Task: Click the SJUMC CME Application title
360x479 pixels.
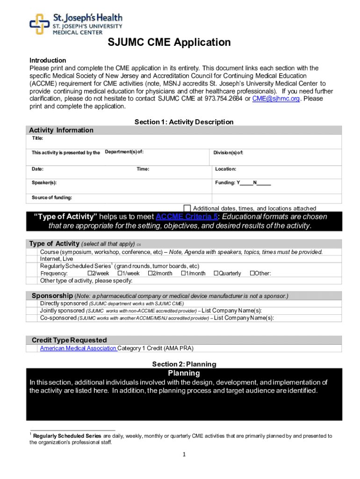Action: pyautogui.click(x=169, y=43)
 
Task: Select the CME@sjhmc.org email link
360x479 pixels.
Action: pyautogui.click(x=276, y=99)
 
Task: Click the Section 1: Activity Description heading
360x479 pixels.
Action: pyautogui.click(x=184, y=122)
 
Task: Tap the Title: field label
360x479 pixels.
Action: pyautogui.click(x=37, y=138)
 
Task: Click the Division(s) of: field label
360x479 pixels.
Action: pyautogui.click(x=228, y=152)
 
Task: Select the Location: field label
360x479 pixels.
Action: pyautogui.click(x=225, y=169)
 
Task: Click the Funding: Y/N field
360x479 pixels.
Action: pyautogui.click(x=243, y=183)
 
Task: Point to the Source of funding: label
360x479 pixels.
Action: pyautogui.click(x=51, y=197)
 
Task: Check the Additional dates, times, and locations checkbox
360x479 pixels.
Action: pyautogui.click(x=187, y=208)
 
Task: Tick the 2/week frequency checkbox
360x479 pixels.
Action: pyautogui.click(x=90, y=273)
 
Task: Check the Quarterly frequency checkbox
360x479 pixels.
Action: pyautogui.click(x=216, y=273)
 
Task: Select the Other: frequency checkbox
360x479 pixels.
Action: pyautogui.click(x=252, y=273)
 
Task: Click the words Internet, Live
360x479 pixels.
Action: pyautogui.click(x=57, y=259)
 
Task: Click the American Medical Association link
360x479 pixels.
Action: pyautogui.click(x=78, y=348)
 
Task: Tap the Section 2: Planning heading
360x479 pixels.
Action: pyautogui.click(x=184, y=364)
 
